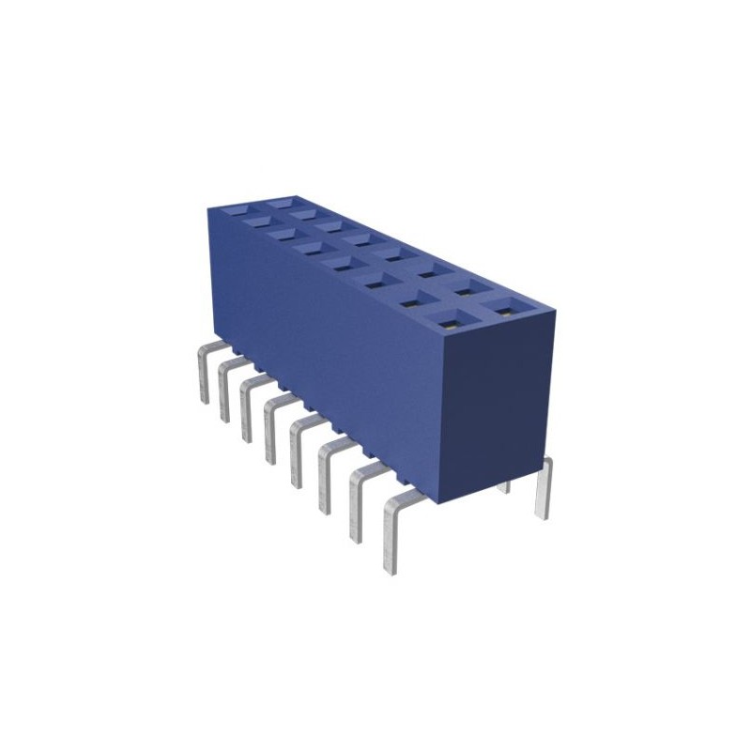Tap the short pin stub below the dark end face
(503, 484)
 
